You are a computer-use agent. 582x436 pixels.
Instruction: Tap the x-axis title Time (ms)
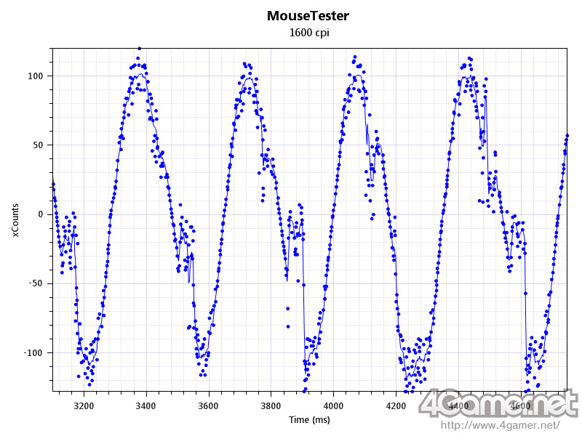point(309,419)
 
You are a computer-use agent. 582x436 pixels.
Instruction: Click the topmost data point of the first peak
point(139,48)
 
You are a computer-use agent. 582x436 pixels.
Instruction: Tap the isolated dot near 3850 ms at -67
point(288,307)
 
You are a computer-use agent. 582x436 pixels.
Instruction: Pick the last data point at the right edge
point(567,135)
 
